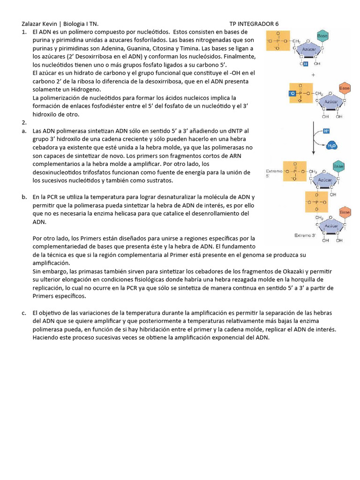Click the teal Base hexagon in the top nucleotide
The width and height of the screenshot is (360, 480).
[x=322, y=36]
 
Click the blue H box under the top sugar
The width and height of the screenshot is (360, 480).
[x=306, y=64]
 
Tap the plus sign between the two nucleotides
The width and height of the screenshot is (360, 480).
[x=313, y=75]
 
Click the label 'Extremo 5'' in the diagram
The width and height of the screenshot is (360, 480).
[x=274, y=173]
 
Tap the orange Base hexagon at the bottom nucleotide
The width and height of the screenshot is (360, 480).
[x=345, y=212]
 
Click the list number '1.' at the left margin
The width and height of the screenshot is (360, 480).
[x=24, y=32]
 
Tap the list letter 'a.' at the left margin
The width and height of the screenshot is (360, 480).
[x=24, y=131]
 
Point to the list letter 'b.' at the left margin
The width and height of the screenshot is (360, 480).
[x=24, y=197]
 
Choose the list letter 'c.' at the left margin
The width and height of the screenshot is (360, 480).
[x=24, y=313]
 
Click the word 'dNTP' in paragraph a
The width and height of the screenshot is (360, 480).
[x=237, y=131]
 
